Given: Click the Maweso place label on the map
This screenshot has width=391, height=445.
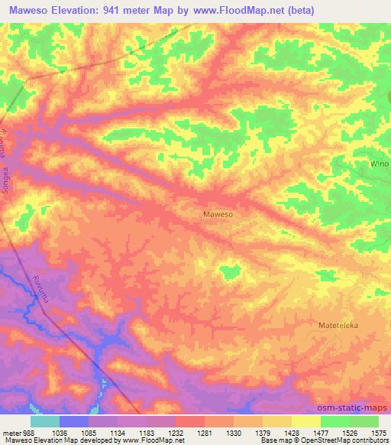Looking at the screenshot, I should point(218,215).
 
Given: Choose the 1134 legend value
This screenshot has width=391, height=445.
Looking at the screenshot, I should point(118,432).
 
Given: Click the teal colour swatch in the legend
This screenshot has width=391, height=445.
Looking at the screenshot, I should point(45,421).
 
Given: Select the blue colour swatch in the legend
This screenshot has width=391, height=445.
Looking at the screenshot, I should point(74,421).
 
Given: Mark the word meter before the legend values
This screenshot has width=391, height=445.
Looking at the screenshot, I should point(11,432).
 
